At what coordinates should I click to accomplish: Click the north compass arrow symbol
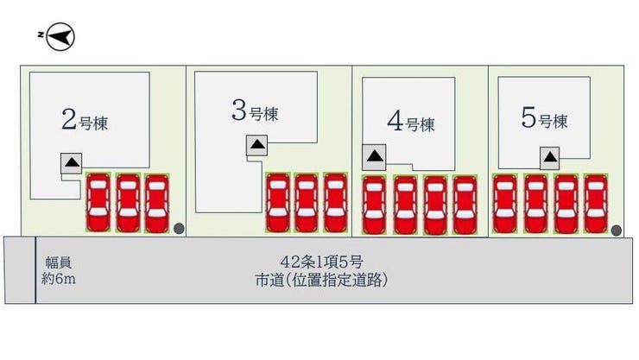coord(60,36)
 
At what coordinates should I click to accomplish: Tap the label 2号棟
coord(85,120)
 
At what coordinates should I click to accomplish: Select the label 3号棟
coord(255,111)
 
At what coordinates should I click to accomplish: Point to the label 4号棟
coord(411,122)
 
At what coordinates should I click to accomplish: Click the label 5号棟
coord(545,118)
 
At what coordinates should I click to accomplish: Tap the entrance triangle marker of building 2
coord(72,163)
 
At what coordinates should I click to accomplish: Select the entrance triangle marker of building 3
coord(257,144)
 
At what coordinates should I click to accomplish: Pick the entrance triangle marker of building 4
coord(374,156)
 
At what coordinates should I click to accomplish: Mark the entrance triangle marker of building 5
coord(550,158)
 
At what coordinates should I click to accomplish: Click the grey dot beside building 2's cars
coord(179,229)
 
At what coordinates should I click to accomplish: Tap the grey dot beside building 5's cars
coord(617,231)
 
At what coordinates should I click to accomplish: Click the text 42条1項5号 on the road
coord(321,262)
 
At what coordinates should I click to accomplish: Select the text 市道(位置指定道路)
coord(321,280)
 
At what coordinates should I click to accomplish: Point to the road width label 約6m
coord(59,279)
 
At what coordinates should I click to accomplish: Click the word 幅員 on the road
coord(59,262)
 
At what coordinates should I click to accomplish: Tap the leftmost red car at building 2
coord(98,202)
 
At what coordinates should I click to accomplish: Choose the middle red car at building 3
coord(306,202)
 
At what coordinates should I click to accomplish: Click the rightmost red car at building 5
coord(596,204)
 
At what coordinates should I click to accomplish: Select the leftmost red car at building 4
coord(374,205)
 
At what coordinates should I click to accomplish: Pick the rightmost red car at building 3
coord(335,202)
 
